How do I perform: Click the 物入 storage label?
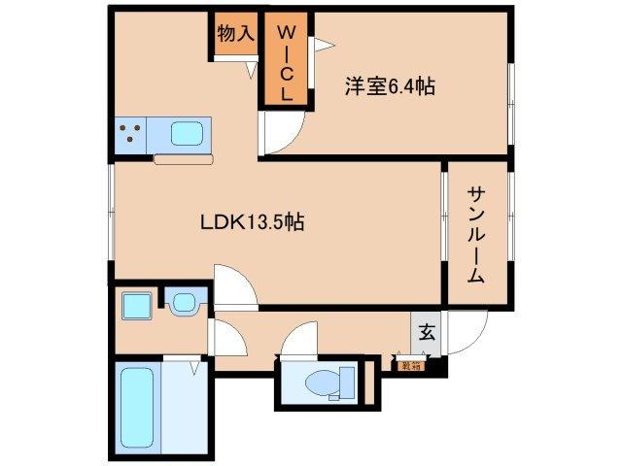(235, 33)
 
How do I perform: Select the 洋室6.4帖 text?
(388, 86)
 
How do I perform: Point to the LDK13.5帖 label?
(253, 221)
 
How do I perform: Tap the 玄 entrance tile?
(426, 330)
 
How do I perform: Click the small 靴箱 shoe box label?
(405, 365)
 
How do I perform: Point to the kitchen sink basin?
(190, 133)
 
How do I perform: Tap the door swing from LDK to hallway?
(234, 287)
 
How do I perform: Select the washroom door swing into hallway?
(227, 338)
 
